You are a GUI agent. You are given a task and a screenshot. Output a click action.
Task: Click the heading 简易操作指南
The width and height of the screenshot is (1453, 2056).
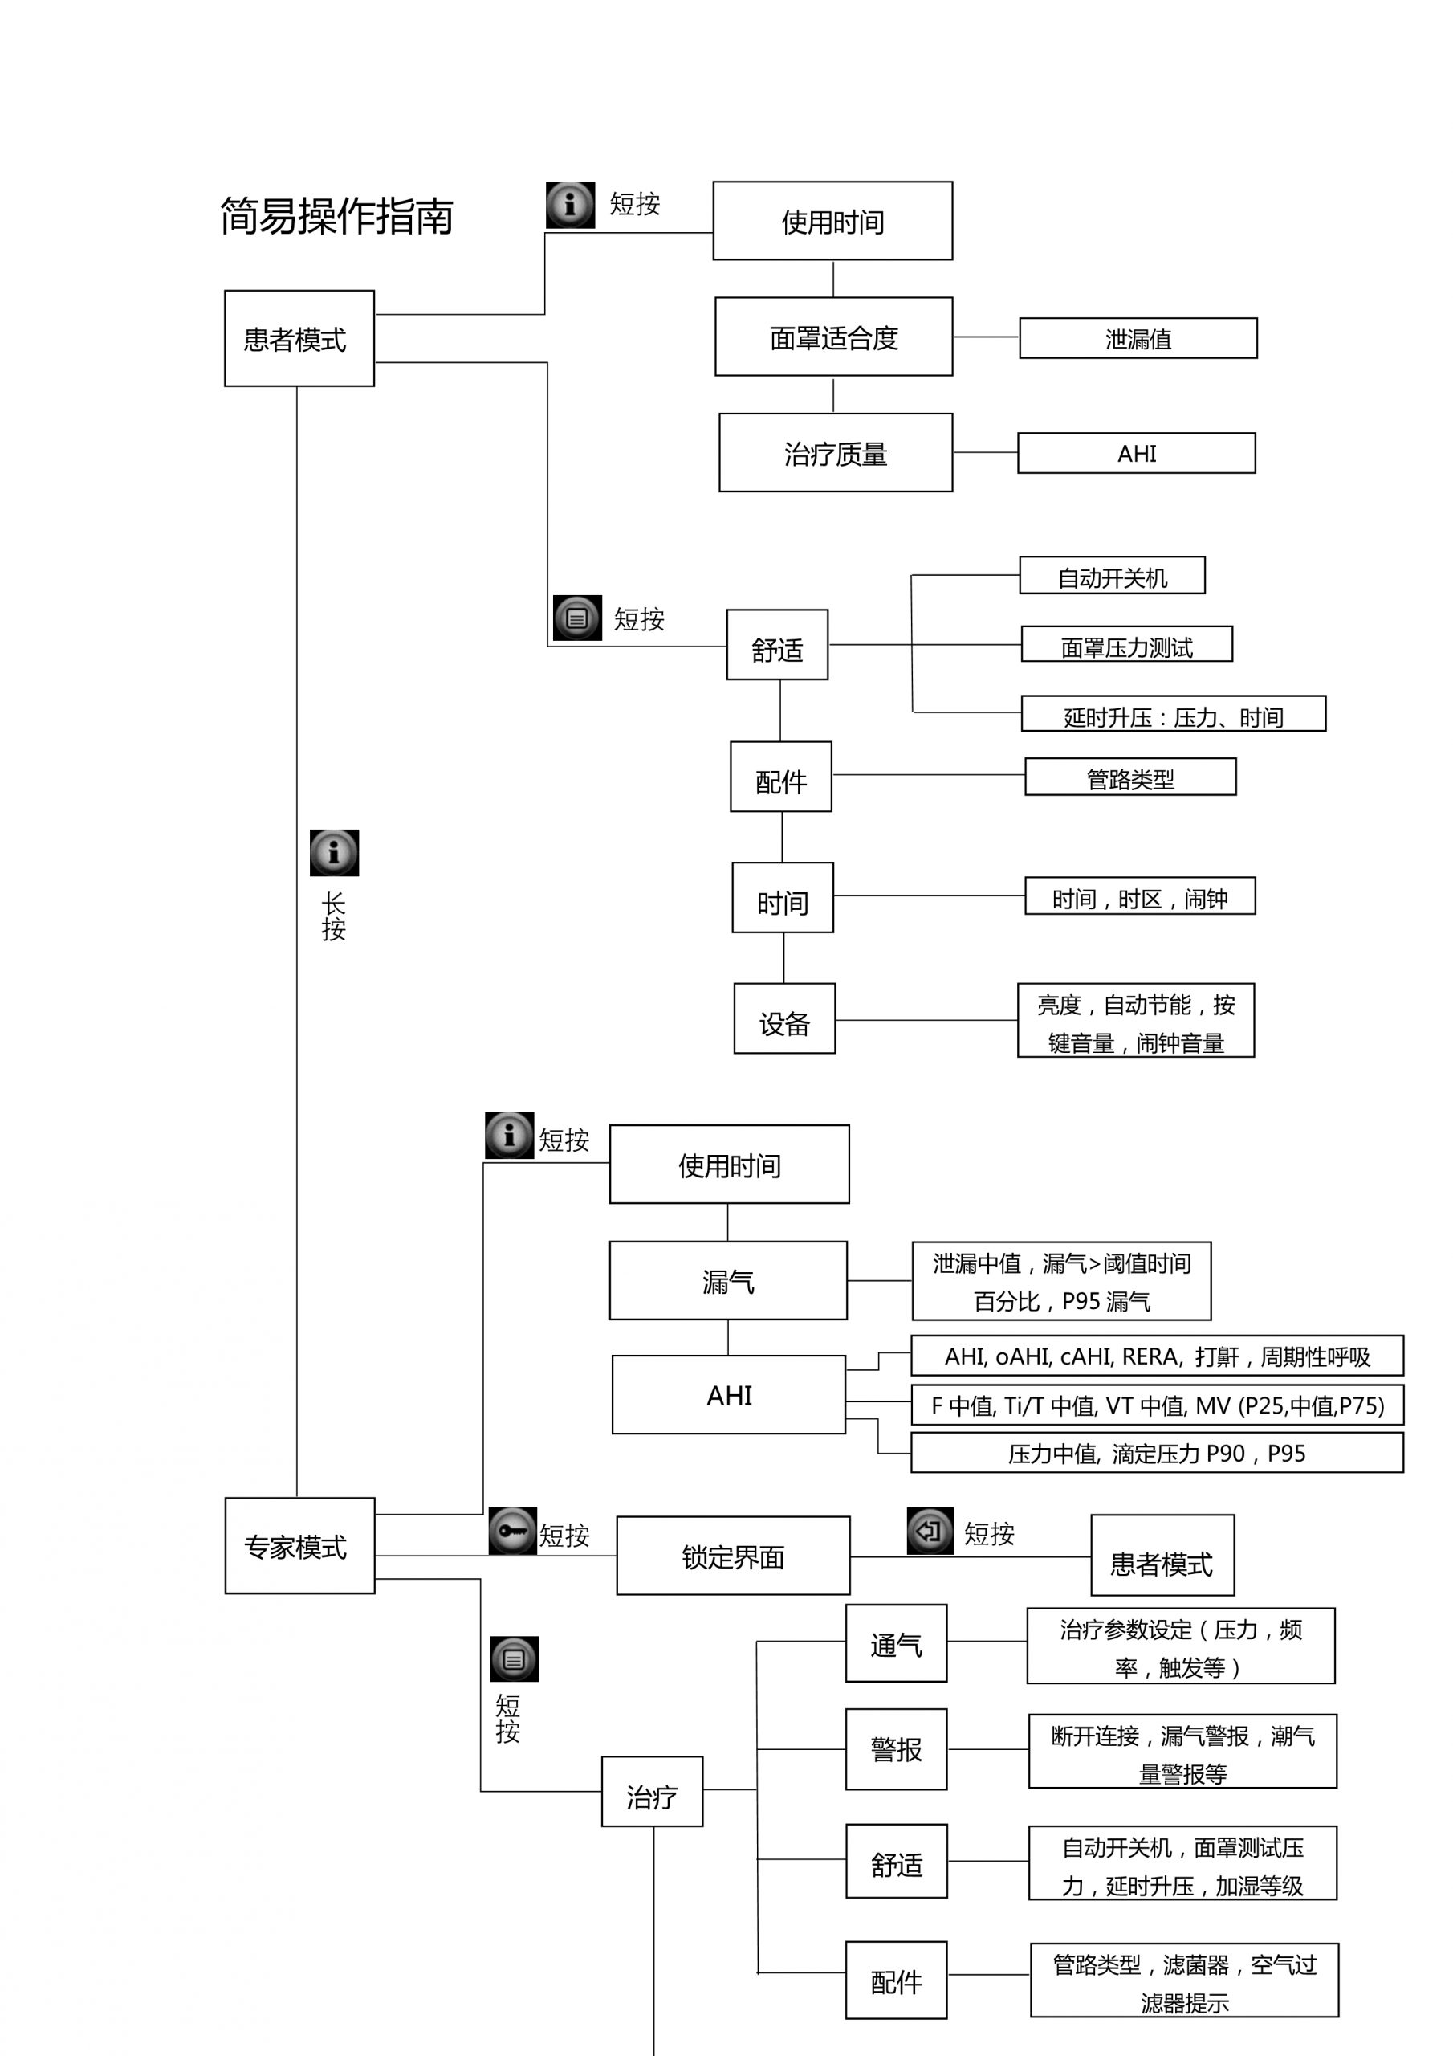pos(336,217)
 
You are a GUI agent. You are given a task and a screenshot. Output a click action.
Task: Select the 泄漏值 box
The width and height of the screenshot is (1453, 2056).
pos(1137,338)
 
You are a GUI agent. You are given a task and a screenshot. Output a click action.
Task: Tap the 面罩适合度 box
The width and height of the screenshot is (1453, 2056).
pos(832,337)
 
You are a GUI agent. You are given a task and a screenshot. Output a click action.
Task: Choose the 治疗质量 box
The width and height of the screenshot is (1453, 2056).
pos(834,453)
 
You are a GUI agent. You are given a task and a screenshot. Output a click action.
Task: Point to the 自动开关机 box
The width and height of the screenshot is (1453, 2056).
pos(1111,576)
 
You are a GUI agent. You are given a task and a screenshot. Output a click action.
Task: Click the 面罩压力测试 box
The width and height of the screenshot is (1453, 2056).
pos(1125,645)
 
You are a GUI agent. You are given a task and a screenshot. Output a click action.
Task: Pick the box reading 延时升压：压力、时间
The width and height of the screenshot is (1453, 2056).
pos(1172,715)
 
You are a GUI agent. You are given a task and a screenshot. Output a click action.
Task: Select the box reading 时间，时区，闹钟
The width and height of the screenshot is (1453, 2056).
pos(1139,896)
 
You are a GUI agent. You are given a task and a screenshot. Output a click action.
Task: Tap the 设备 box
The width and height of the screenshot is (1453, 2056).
pos(783,1019)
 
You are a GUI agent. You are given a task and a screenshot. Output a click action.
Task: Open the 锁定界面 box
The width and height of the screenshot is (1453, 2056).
pos(732,1556)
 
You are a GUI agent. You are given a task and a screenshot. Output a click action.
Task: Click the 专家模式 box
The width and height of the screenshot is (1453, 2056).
pos(299,1547)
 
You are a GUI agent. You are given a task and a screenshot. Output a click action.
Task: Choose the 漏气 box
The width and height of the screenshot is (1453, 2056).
pos(727,1280)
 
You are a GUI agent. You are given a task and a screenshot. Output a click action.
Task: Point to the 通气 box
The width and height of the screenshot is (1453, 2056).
pos(895,1643)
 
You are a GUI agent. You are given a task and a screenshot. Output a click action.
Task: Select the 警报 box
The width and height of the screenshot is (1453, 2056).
pos(895,1750)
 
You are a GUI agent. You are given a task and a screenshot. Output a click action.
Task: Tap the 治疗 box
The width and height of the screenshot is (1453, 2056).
pos(651,1793)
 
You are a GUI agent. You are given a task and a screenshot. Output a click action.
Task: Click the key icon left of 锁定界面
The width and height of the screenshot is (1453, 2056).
pos(512,1532)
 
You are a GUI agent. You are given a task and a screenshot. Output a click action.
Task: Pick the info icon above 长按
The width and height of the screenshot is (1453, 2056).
pos(334,852)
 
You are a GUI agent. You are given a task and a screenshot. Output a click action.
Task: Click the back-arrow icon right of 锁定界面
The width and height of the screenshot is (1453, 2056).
pos(930,1532)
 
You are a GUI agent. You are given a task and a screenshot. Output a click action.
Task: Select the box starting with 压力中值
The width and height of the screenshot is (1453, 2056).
pos(1156,1454)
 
